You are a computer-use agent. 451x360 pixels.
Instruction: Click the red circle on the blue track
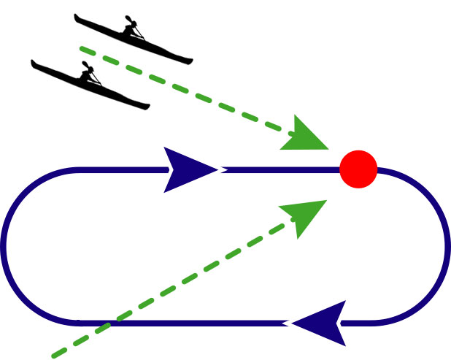358,169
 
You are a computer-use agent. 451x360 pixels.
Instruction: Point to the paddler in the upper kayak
131,28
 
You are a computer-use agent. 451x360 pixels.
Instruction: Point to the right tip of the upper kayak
192,61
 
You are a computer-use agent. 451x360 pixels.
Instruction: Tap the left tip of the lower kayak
32,61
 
